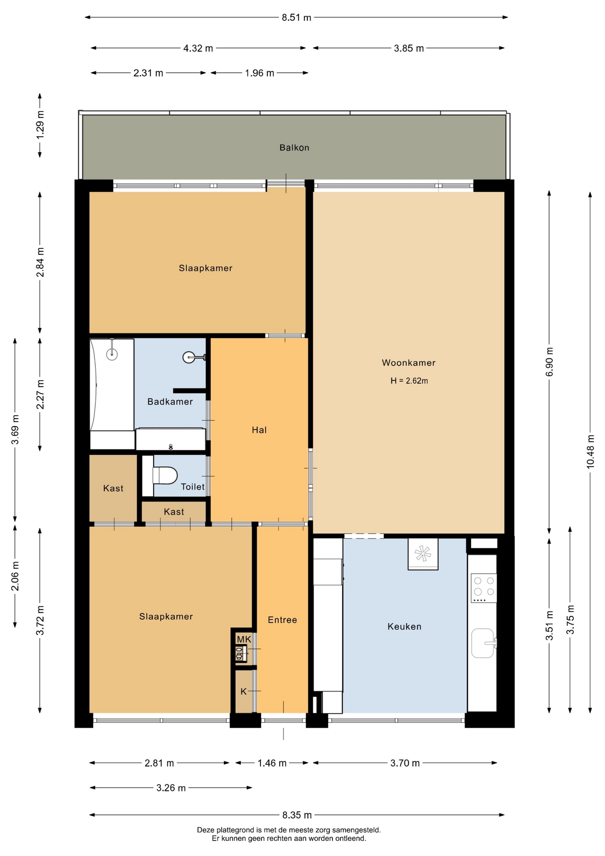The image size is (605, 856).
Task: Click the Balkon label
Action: [x=294, y=148]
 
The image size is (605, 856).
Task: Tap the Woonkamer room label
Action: [x=409, y=363]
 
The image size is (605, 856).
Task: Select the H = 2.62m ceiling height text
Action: [x=409, y=381]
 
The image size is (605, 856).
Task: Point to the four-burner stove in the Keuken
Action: [x=484, y=588]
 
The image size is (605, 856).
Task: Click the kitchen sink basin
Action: [x=483, y=643]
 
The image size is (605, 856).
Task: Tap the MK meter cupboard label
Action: [x=244, y=639]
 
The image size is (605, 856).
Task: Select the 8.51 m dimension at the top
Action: [x=296, y=18]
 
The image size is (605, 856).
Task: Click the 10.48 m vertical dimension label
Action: [x=590, y=451]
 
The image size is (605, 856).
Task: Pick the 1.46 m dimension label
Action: [x=272, y=763]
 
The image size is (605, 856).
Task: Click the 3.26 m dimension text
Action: [x=171, y=788]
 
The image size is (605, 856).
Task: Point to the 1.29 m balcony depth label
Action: [x=40, y=124]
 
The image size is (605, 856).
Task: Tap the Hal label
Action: [x=259, y=430]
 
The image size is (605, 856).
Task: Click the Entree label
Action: [x=282, y=620]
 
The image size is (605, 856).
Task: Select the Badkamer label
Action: [x=170, y=402]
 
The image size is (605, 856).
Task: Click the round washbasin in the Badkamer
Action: [x=189, y=357]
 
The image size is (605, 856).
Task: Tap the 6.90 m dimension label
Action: [x=549, y=362]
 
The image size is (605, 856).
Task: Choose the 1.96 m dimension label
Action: [x=260, y=73]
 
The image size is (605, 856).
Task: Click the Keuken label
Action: [x=405, y=626]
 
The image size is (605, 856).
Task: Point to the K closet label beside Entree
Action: [x=244, y=691]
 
